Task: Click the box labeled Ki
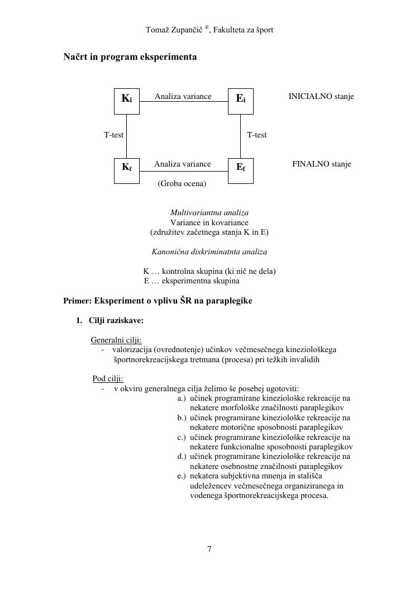point(127,101)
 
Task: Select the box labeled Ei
point(241,101)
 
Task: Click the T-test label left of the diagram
point(113,135)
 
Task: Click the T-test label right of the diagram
point(257,135)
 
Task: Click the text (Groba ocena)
point(182,183)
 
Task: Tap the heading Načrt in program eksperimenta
point(130,57)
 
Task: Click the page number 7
point(209,549)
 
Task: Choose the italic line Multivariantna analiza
point(209,213)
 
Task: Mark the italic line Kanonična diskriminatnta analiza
point(209,252)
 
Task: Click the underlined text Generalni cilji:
point(116,340)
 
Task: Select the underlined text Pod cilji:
point(108,378)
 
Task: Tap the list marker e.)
point(182,476)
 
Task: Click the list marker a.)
point(182,399)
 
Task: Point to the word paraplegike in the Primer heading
point(230,301)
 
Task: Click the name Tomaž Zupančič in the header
point(174,30)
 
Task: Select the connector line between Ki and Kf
point(126,135)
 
